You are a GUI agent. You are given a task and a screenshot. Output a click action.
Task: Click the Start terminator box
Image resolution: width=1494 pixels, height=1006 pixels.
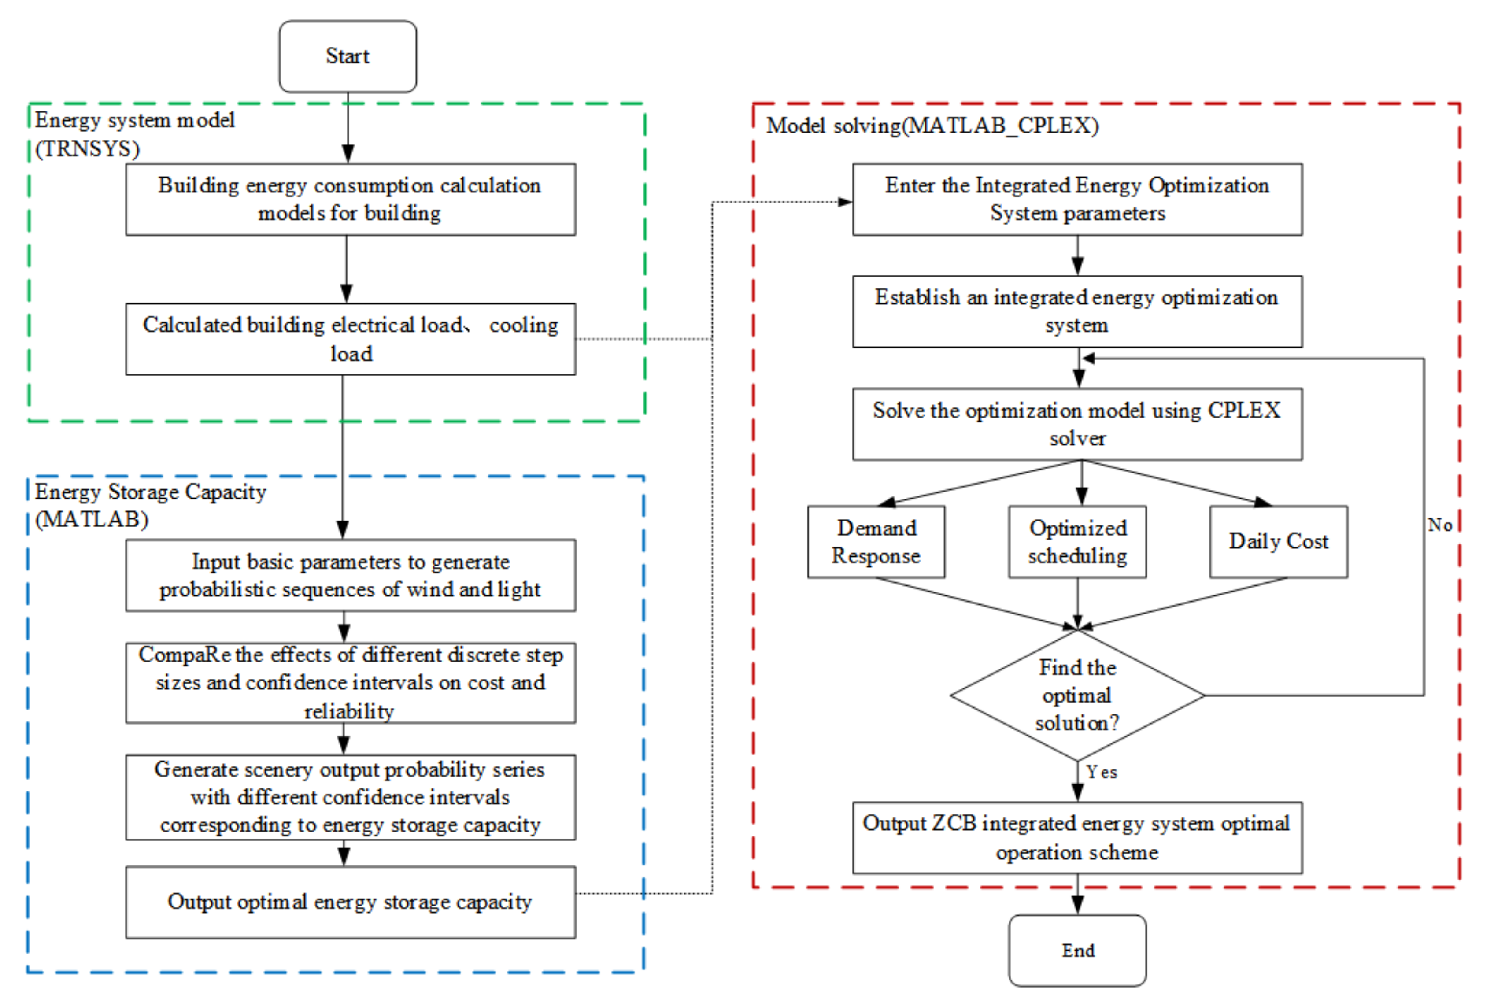348,56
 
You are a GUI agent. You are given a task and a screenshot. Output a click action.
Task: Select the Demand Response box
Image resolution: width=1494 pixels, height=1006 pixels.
876,541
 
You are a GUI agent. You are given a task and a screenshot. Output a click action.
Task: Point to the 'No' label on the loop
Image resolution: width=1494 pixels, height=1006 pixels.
1439,525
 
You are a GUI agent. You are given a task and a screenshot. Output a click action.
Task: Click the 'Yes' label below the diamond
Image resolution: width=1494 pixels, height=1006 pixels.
1102,772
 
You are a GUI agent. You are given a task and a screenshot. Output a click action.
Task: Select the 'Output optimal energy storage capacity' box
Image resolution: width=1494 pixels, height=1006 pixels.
350,902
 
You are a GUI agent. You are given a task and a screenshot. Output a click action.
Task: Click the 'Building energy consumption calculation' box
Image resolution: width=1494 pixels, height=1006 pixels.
350,199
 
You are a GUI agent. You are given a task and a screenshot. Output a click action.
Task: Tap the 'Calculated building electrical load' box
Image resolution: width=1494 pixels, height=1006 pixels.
350,339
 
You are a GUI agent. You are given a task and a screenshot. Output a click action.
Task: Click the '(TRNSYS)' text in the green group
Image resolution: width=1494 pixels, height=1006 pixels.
87,149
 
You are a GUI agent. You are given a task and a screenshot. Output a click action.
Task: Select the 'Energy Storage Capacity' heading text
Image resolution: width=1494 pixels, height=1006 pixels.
150,492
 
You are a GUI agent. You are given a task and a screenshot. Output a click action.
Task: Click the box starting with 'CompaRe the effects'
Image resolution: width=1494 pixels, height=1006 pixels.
350,683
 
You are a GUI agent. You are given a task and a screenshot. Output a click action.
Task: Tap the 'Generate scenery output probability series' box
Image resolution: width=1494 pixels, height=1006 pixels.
350,797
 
